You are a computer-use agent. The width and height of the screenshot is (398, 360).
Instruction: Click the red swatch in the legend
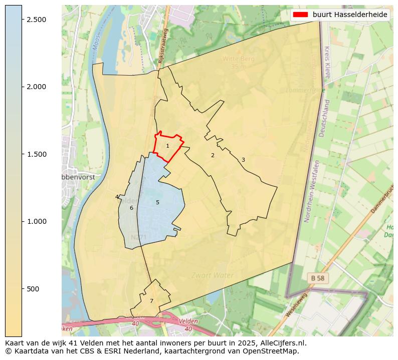pyautogui.click(x=301, y=15)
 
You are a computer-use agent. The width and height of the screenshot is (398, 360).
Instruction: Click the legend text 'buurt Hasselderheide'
pyautogui.click(x=350, y=15)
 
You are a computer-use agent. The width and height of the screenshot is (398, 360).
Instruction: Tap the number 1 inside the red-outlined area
pyautogui.click(x=167, y=146)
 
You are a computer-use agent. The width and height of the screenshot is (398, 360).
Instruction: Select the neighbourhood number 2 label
pyautogui.click(x=213, y=155)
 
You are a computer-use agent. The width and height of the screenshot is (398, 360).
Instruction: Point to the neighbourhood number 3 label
pyautogui.click(x=243, y=160)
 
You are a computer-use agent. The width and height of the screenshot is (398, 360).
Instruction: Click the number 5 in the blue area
pyautogui.click(x=157, y=202)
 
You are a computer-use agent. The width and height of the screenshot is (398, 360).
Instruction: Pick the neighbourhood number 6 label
pyautogui.click(x=131, y=208)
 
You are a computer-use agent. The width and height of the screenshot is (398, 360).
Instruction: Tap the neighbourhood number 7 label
pyautogui.click(x=151, y=301)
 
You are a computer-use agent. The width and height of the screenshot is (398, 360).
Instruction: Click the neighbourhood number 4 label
pyautogui.click(x=117, y=197)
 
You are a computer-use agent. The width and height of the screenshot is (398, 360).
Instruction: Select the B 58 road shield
pyautogui.click(x=318, y=277)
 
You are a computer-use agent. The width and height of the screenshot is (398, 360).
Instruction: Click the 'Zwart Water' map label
pyautogui.click(x=213, y=275)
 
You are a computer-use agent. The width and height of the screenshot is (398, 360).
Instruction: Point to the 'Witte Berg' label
pyautogui.click(x=239, y=59)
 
